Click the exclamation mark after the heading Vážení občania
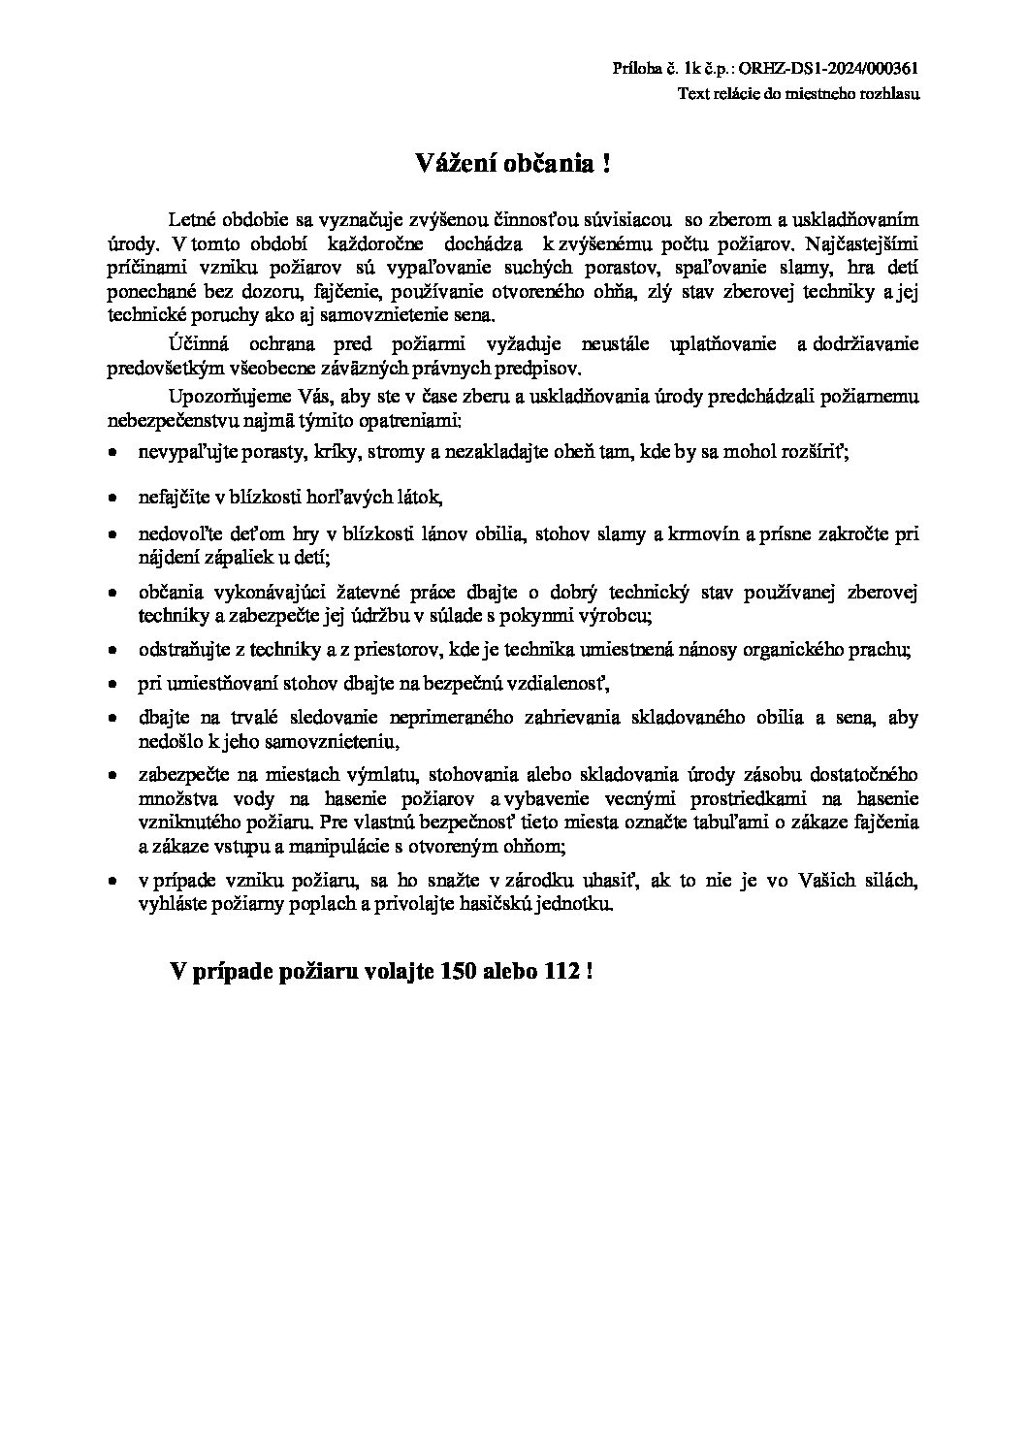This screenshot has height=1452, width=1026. [607, 163]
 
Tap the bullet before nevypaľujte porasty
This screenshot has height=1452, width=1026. [113, 453]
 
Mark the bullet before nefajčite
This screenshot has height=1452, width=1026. [113, 498]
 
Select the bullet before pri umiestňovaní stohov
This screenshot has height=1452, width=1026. [113, 685]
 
